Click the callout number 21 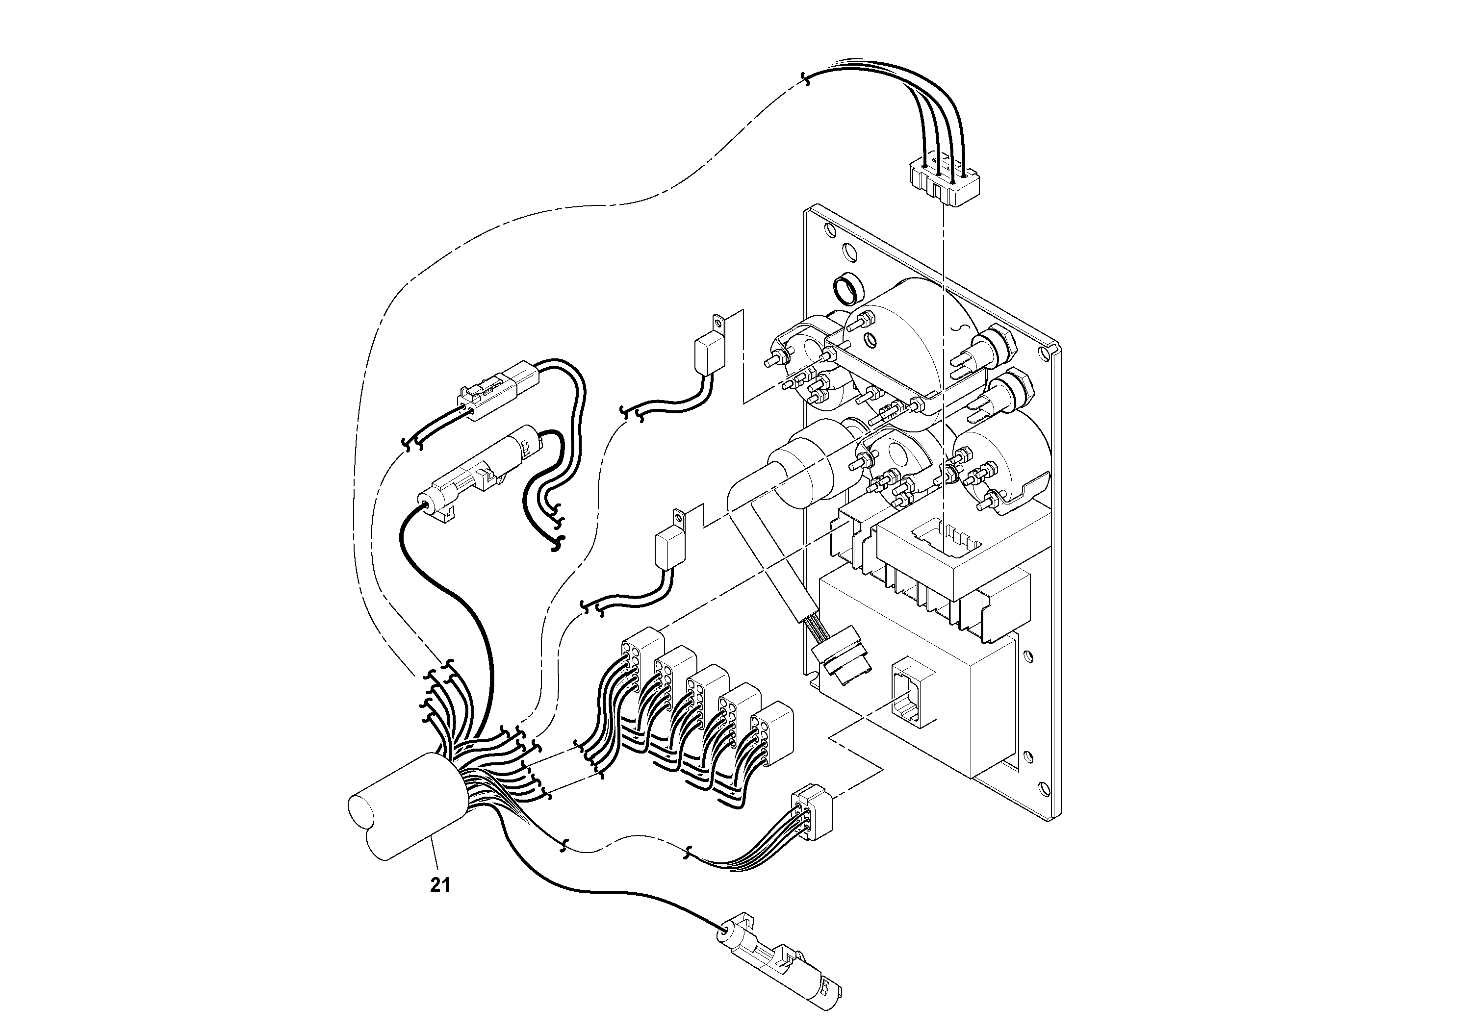tap(440, 885)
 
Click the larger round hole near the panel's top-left tap(848, 252)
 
